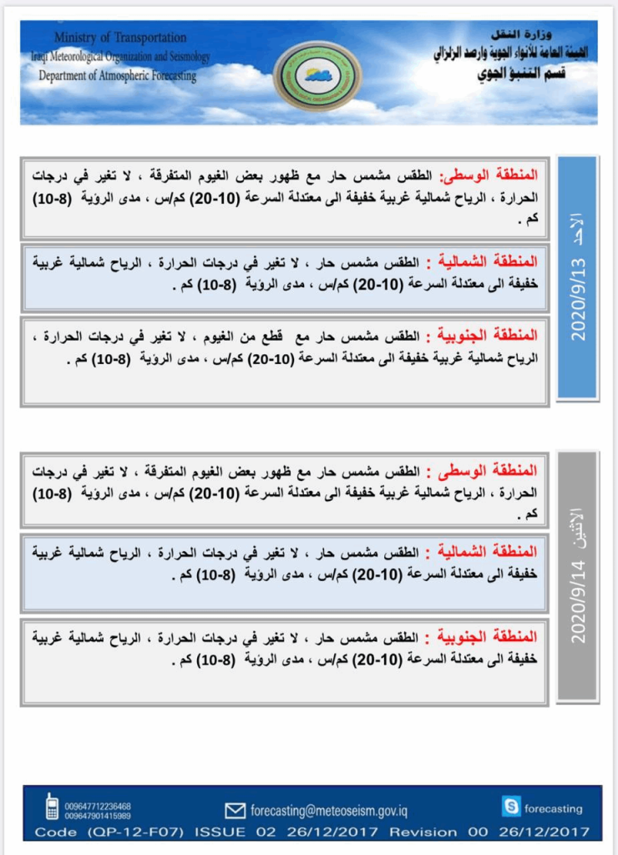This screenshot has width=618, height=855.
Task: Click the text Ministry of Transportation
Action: [120, 38]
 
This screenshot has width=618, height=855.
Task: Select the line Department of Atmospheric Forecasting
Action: [118, 76]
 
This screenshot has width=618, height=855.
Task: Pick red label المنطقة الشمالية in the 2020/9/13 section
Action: [498, 261]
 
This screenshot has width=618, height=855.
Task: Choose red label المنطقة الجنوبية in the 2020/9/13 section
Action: [498, 336]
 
